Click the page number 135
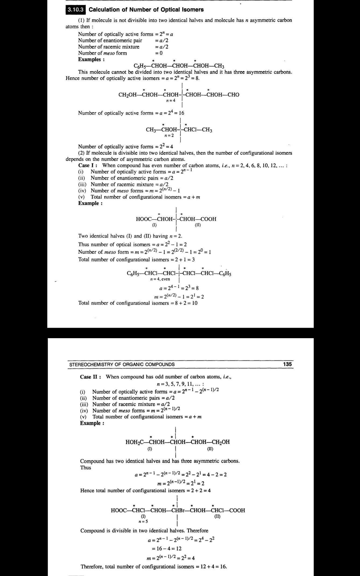point(287,364)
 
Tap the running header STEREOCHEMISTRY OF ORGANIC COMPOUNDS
point(122,364)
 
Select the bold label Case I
point(88,165)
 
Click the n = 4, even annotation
point(160,279)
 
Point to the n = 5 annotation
point(143,521)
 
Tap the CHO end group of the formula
point(233,95)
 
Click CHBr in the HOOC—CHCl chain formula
point(180,510)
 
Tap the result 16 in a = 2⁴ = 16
point(181,113)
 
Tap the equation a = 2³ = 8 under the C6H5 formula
point(179,288)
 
